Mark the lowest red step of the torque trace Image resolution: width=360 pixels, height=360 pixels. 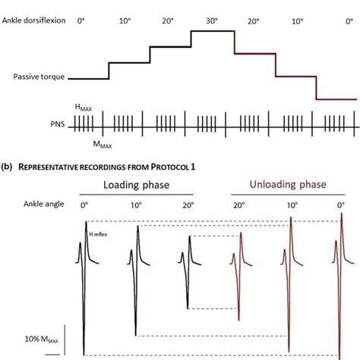[x=336, y=99]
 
